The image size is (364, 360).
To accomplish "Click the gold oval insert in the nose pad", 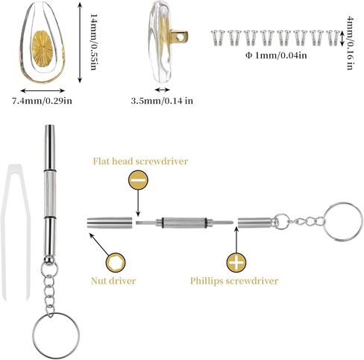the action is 43,49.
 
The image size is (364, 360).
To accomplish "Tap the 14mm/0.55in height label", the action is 93,42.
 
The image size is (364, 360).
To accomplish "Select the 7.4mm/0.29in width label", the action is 43,101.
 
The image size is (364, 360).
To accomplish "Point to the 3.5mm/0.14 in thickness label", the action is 162,101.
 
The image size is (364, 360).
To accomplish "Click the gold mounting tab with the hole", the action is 179,36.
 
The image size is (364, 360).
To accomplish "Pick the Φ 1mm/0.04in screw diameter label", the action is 276,55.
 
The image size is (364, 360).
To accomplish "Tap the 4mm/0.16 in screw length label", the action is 350,43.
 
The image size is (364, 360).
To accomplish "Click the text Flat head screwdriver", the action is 140,161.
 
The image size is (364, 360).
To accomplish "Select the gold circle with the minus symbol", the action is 138,180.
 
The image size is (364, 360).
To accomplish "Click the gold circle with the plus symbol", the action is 236,263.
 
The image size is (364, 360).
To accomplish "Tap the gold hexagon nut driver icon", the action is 116,263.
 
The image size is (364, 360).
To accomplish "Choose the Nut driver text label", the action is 113,281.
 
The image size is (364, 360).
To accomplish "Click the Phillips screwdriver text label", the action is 234,281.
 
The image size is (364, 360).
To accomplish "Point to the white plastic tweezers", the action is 6,224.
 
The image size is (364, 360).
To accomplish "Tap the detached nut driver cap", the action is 110,223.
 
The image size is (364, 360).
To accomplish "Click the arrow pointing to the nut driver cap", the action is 99,244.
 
